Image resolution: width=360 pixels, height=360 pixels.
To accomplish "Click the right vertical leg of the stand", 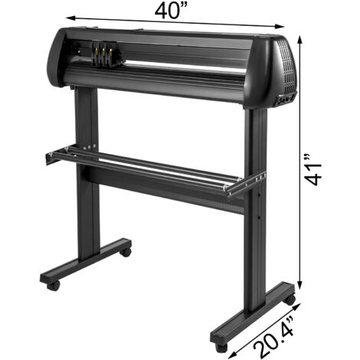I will pos(255,207).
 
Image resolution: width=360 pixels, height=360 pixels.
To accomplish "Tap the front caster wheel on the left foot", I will pos(53,284).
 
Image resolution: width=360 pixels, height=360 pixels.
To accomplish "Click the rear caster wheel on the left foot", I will pos(124,250).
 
